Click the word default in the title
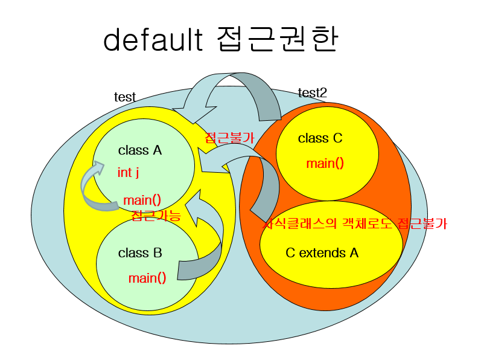click(x=152, y=41)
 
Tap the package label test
click(x=125, y=97)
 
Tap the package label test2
click(x=313, y=92)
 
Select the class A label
click(x=140, y=150)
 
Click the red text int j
click(x=128, y=173)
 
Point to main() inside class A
click(x=142, y=200)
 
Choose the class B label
click(x=140, y=253)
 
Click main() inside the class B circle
click(x=147, y=278)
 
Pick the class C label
click(x=320, y=138)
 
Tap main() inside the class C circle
click(x=325, y=163)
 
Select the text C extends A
click(x=322, y=252)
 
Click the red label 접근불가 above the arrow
click(x=230, y=137)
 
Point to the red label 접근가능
click(x=156, y=216)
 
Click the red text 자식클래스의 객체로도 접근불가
click(x=356, y=223)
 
